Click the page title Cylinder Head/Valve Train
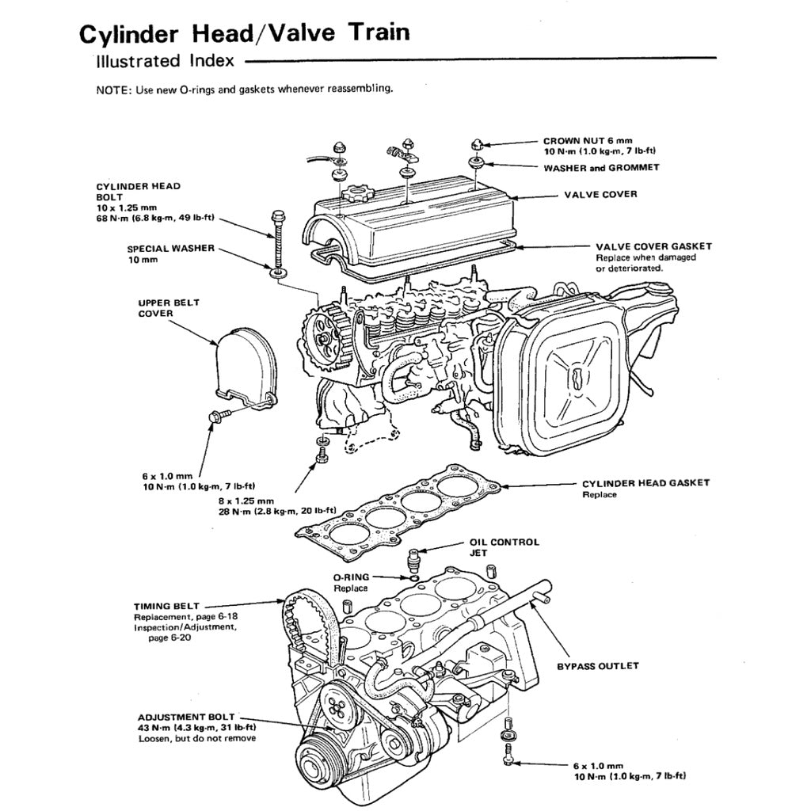click(244, 33)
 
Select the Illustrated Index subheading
click(164, 60)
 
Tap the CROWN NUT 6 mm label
click(588, 140)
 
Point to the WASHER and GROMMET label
click(601, 168)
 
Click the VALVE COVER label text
click(600, 194)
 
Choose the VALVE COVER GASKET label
click(653, 246)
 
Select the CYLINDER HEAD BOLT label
click(138, 192)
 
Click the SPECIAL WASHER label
click(170, 249)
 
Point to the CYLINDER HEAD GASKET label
click(645, 483)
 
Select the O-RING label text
click(351, 578)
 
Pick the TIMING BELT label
click(166, 606)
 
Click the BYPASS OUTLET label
click(597, 666)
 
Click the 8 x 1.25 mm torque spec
click(246, 501)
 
